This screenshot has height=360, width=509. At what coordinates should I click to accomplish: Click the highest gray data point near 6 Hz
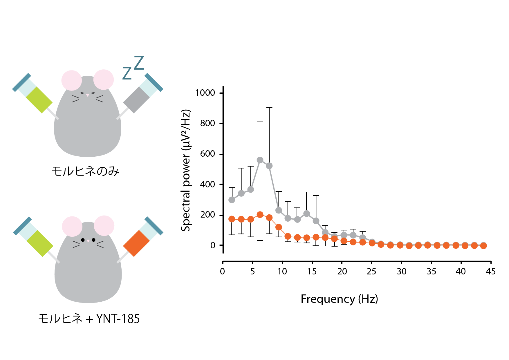click(260, 160)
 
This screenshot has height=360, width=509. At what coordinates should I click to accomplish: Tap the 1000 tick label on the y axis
click(205, 93)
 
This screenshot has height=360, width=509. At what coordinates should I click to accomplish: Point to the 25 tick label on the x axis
click(371, 272)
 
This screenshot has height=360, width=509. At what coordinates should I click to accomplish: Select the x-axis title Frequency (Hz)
click(339, 299)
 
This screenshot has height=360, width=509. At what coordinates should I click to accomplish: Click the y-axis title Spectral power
click(186, 171)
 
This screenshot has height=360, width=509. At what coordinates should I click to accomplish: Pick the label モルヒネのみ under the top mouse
click(86, 171)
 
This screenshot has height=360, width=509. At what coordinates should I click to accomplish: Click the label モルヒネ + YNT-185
click(89, 319)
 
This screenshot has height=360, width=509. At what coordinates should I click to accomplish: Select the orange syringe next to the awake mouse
click(136, 243)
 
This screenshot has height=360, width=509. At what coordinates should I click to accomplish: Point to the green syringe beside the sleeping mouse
click(39, 100)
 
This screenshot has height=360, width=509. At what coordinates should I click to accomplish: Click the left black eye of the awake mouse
click(83, 240)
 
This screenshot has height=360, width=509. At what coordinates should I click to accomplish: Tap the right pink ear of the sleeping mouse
click(103, 79)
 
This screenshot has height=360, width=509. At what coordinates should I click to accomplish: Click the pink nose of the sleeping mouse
click(88, 95)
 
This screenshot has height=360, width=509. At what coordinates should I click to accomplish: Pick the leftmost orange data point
click(232, 219)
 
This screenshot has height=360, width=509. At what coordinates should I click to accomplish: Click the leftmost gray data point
click(232, 200)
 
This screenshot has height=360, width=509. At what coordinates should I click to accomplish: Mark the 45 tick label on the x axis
click(491, 272)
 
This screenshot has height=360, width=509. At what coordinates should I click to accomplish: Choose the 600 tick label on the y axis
click(207, 154)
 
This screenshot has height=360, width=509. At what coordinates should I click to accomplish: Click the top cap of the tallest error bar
click(269, 108)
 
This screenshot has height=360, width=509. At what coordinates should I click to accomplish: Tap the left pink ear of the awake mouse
click(72, 226)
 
